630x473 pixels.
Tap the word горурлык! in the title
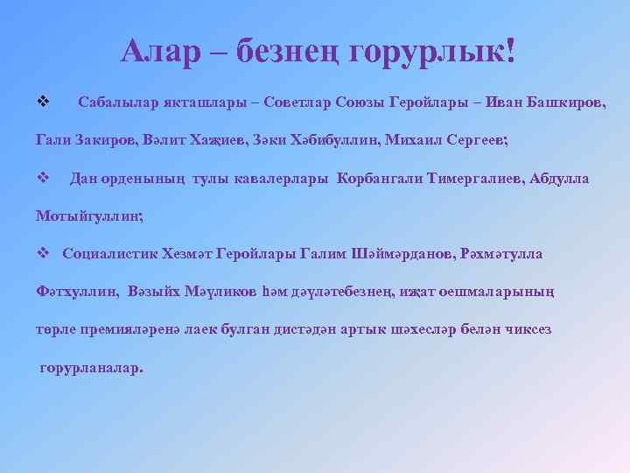pos(431,52)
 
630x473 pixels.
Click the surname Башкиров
pos(560,102)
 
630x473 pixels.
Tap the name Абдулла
pos(557,178)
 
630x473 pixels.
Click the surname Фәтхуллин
pos(77,292)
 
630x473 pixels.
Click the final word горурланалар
pos(91,367)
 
